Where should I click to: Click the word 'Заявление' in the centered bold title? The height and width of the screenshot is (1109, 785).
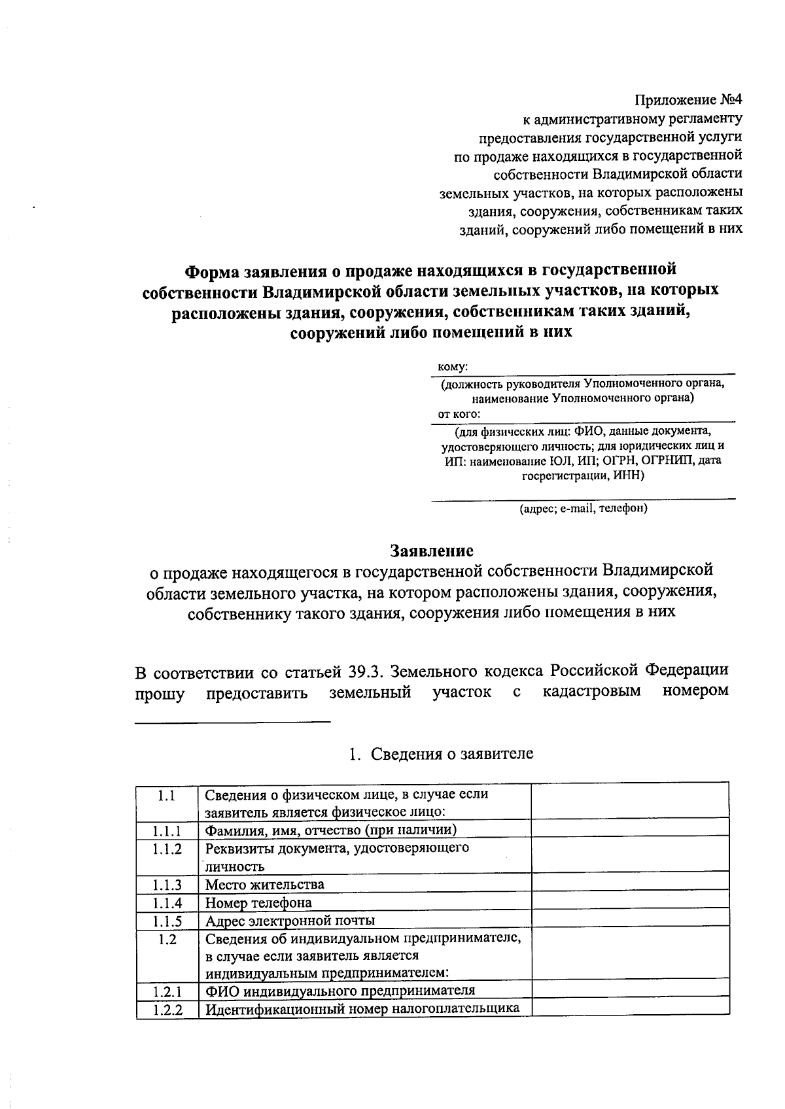[x=431, y=550]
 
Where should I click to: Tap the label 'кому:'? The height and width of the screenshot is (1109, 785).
[x=453, y=368]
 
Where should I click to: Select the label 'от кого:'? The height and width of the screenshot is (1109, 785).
[x=459, y=414]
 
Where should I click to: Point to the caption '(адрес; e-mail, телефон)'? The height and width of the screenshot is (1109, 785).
[x=583, y=508]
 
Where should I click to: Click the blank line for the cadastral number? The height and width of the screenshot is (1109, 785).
[x=233, y=720]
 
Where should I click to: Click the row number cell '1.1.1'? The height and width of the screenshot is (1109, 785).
[x=167, y=830]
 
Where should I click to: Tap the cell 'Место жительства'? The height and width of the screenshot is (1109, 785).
[x=264, y=885]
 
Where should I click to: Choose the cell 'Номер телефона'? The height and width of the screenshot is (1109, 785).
[x=258, y=903]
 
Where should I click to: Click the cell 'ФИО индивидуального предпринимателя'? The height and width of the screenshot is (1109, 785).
[x=340, y=990]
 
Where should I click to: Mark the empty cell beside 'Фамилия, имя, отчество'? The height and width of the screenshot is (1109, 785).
[x=629, y=829]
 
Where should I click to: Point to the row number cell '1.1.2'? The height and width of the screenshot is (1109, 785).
[x=167, y=849]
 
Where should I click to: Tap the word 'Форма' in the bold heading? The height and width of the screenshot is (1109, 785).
[x=212, y=270]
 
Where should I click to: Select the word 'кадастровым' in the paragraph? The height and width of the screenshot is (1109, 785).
[x=591, y=691]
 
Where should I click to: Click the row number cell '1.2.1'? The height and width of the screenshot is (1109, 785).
[x=167, y=991]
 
